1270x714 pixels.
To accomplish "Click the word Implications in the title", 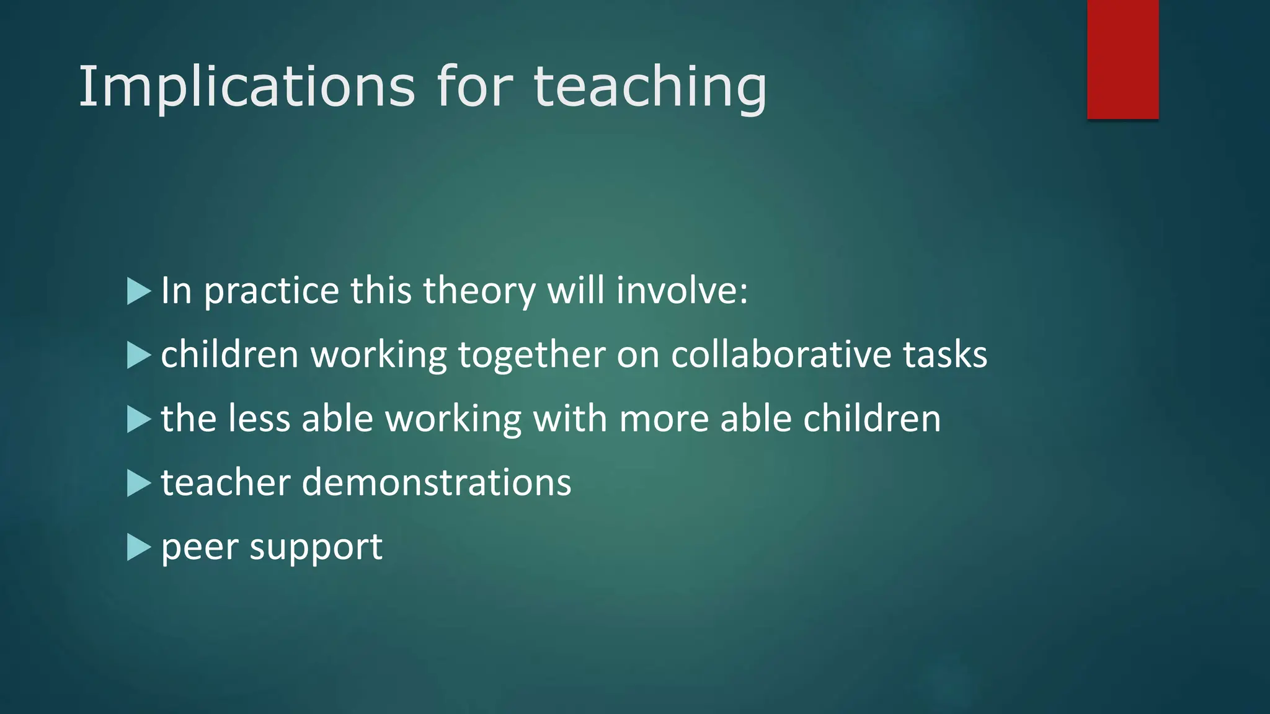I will tap(246, 87).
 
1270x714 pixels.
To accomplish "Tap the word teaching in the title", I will tap(650, 87).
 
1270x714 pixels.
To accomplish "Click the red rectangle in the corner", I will tap(1122, 59).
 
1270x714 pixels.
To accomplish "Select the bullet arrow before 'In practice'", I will tap(138, 291).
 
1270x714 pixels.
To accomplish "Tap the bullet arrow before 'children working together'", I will tap(138, 356).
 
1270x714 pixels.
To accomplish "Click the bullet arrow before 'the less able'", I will tap(138, 420).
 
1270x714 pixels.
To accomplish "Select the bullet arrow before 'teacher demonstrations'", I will tap(138, 483).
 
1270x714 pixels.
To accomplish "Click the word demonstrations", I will tap(436, 483).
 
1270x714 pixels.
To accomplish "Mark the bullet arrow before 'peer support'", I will tap(138, 547).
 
